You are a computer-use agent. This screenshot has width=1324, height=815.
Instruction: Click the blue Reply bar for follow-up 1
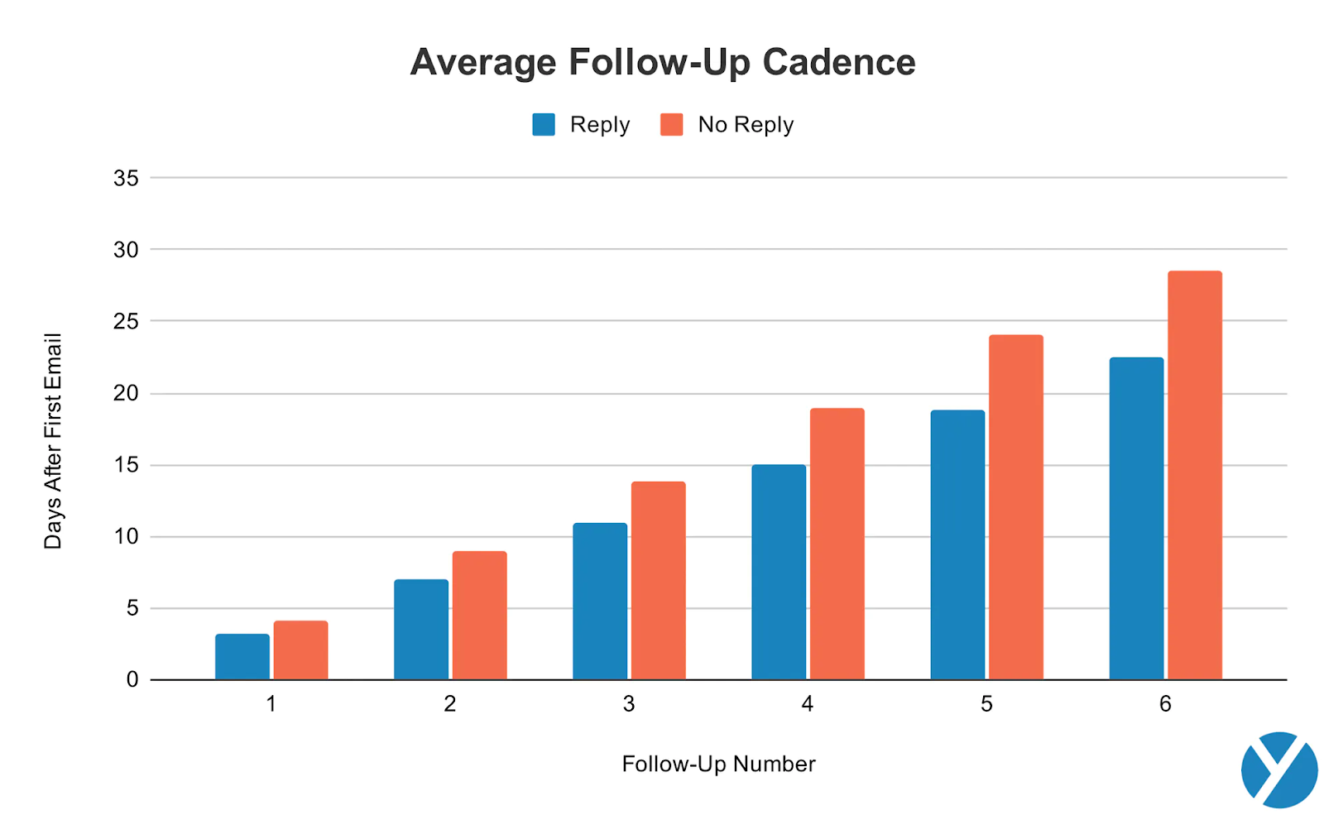coord(242,657)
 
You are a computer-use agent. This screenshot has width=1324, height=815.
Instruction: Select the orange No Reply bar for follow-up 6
coord(1194,476)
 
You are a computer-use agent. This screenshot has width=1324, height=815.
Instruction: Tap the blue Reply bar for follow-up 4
coord(779,573)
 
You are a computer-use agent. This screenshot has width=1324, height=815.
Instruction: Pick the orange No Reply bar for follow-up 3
coord(658,581)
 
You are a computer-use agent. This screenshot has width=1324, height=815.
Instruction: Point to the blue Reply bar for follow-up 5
coord(957,545)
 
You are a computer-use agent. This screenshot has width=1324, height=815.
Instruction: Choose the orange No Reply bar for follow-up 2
coord(479,616)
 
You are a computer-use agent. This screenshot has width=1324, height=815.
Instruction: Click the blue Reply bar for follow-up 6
coord(1136,519)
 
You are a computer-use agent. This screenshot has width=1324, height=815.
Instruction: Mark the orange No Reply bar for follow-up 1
coord(300,650)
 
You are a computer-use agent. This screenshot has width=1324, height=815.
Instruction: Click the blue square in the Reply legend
coord(544,125)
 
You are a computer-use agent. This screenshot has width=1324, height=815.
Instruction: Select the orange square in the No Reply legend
coord(671,125)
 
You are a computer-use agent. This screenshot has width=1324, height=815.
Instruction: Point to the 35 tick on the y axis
coord(126,178)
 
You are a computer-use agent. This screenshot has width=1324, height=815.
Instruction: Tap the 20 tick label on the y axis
coord(126,394)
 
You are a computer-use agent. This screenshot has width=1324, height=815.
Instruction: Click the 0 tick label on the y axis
coord(132,680)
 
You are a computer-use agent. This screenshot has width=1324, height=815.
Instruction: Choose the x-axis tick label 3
coord(629,704)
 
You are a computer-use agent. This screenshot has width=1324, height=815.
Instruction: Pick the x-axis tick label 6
coord(1165,704)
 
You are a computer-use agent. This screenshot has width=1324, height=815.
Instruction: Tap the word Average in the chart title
coord(483,63)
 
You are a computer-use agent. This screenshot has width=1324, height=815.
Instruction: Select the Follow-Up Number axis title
coord(718,764)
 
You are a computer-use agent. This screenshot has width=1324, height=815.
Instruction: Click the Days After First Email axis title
coord(53,441)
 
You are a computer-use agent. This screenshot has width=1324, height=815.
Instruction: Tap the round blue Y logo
coord(1278,769)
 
